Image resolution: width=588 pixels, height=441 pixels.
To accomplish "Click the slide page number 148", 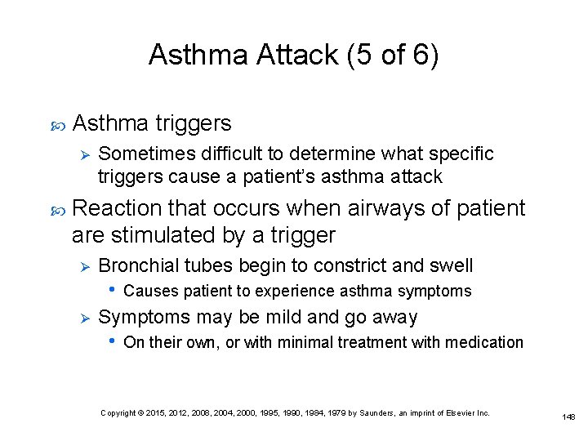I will click(568, 416).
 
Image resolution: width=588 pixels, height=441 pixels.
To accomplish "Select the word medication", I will click(483, 342).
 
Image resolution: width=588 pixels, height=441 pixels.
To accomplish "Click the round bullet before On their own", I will click(112, 342).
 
